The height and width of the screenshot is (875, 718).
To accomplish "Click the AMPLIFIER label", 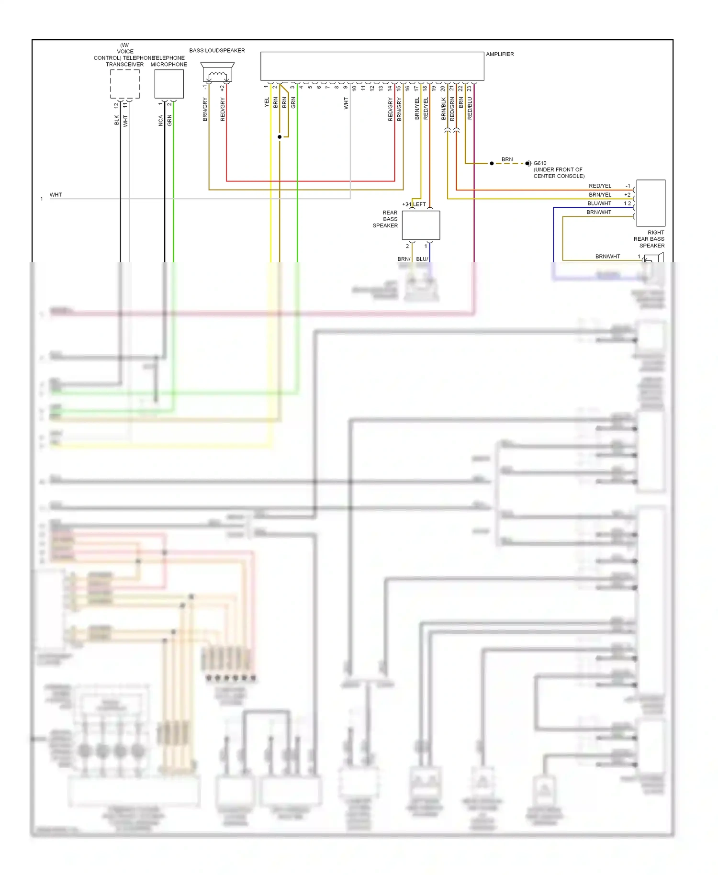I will tap(500, 54).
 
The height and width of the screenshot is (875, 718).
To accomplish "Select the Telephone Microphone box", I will tap(169, 84).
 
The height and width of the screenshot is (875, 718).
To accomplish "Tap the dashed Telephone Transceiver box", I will tap(125, 84).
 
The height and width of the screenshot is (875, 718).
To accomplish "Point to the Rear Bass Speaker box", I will tap(421, 225).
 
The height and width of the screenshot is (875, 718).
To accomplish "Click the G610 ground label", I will tap(540, 163).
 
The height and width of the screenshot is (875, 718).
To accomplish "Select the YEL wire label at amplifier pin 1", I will tap(267, 102).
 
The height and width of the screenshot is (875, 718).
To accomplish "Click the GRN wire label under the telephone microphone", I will tap(169, 120).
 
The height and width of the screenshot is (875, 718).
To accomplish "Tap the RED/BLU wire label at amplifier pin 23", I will tap(470, 108).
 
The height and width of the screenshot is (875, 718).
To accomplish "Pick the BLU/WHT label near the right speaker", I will tap(599, 203).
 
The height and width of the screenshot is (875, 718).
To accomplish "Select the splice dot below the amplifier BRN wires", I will tap(280, 137).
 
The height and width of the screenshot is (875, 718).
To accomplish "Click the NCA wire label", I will tap(161, 120).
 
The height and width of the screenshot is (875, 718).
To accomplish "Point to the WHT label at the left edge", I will tap(56, 195).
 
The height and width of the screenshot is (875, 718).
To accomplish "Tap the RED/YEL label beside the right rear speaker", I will tap(600, 186).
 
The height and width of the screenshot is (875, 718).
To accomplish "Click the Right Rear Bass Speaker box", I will tap(651, 203).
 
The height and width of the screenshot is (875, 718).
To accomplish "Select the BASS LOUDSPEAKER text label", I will tap(217, 50).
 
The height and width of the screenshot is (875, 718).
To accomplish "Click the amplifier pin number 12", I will tap(372, 88).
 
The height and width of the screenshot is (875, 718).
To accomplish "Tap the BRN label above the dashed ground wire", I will tap(507, 159).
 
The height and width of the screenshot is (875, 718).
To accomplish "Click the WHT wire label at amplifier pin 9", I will tap(346, 103).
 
